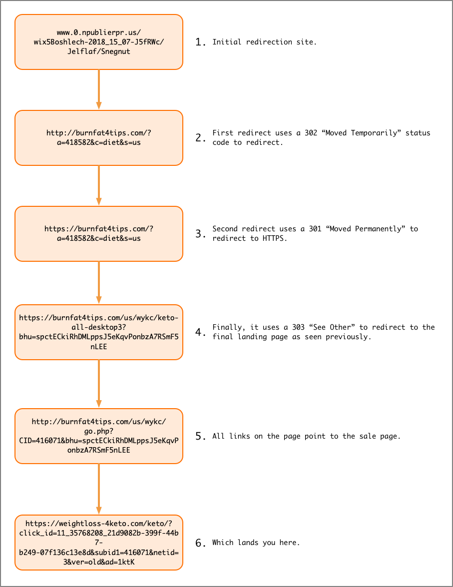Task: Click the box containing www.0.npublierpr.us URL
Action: tap(99, 42)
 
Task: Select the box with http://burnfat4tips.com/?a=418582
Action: tap(99, 138)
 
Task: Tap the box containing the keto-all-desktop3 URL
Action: tap(99, 332)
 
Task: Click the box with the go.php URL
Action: tap(99, 436)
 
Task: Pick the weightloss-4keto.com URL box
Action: tap(99, 543)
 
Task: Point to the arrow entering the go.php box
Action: tap(99, 384)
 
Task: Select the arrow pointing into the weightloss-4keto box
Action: tap(99, 489)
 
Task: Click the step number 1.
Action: tap(200, 42)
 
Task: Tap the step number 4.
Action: tap(200, 332)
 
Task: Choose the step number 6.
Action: tap(200, 543)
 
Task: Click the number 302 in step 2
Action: tap(311, 133)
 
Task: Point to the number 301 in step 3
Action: tap(315, 229)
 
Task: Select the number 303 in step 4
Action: tap(298, 327)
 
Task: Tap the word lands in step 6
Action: tap(247, 543)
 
